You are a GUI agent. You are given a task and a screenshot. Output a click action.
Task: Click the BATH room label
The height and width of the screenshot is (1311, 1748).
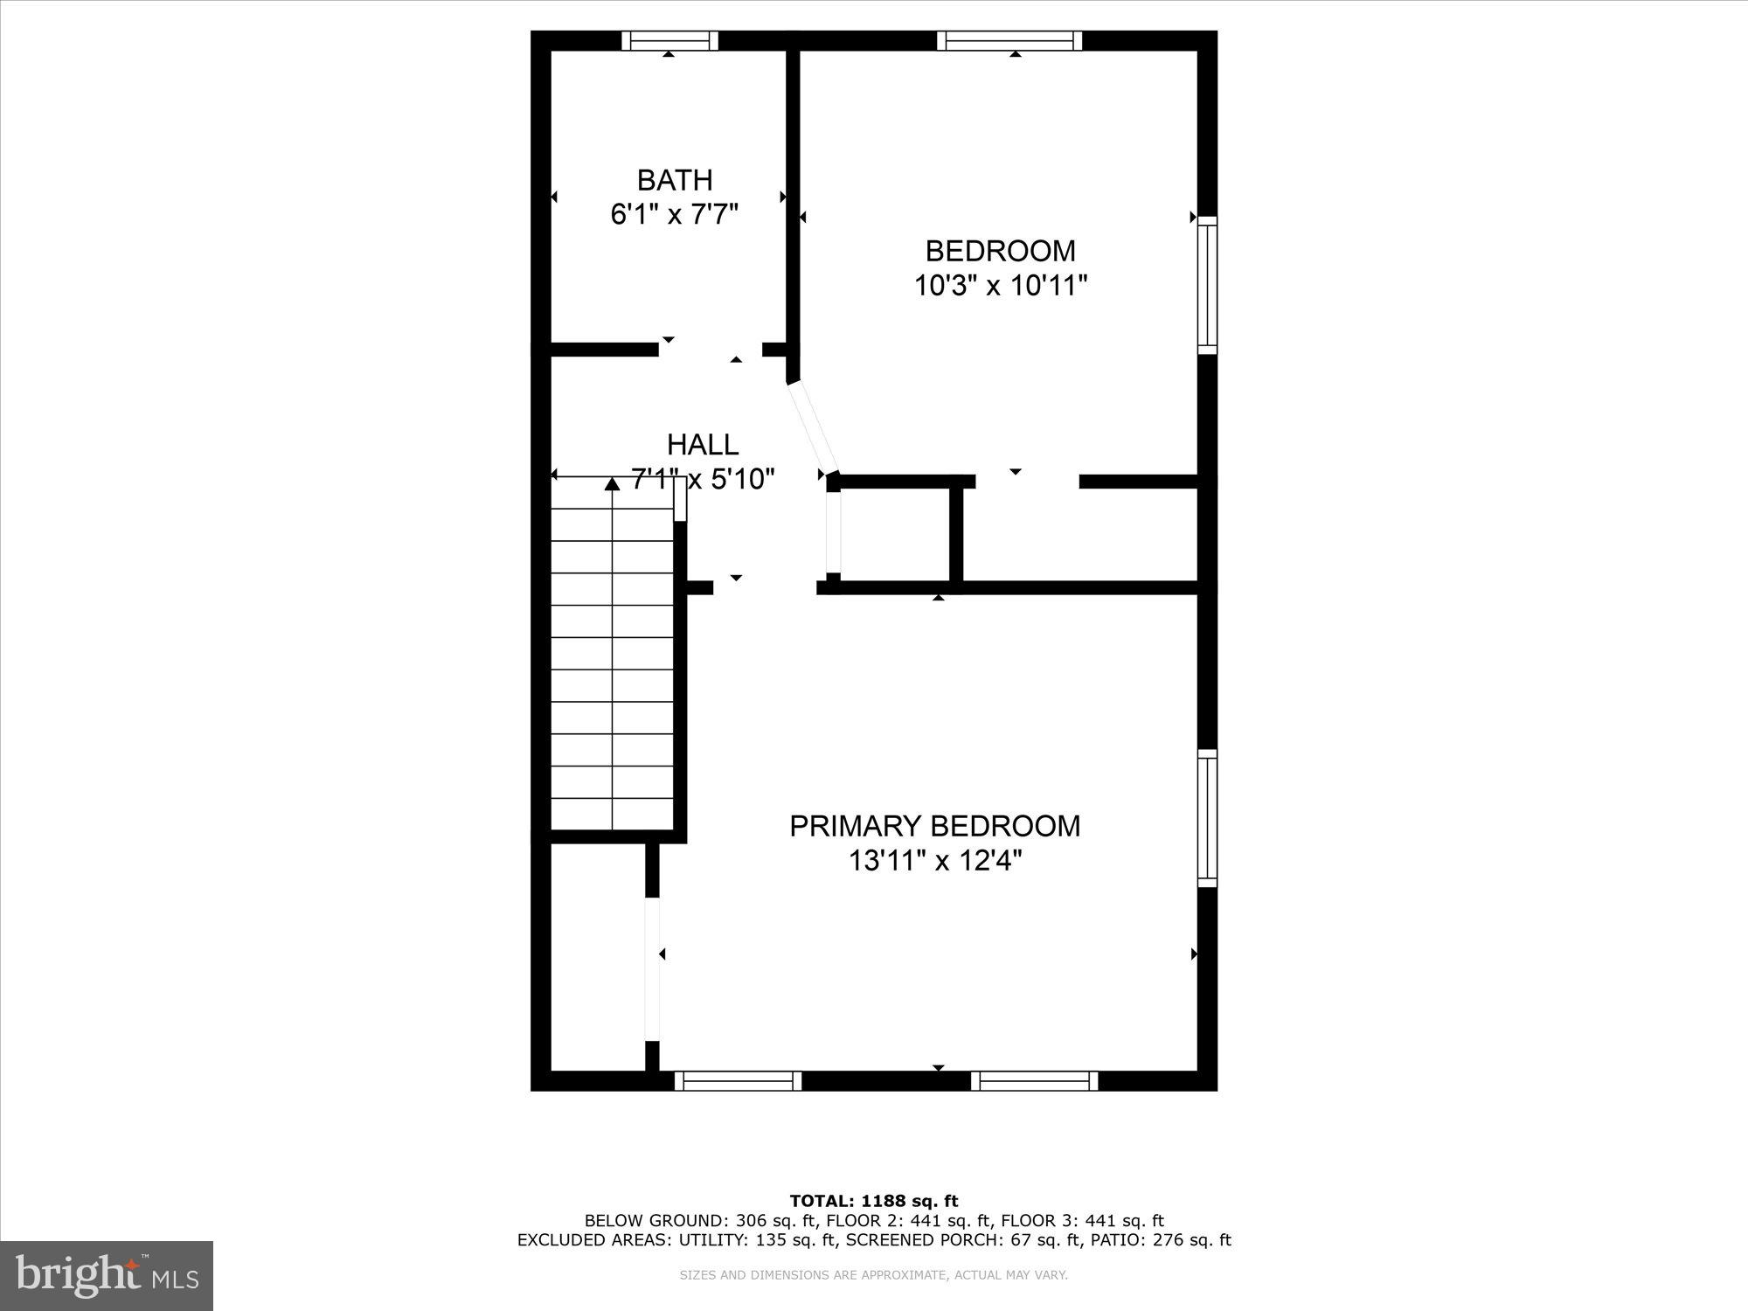coord(674,180)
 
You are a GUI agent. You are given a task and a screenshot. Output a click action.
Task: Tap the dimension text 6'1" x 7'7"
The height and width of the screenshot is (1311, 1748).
coord(674,215)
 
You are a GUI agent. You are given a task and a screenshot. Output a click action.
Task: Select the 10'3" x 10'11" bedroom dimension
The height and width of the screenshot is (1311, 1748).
coord(1000,286)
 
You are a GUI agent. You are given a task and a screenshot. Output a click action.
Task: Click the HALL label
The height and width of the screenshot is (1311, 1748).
coord(703,445)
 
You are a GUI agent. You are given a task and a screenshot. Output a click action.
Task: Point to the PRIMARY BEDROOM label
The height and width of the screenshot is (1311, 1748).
coord(934,826)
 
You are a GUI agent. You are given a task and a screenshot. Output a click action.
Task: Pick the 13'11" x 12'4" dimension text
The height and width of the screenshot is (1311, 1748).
coord(934,862)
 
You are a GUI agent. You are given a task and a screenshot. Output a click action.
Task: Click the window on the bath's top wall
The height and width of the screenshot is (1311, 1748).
coord(669,40)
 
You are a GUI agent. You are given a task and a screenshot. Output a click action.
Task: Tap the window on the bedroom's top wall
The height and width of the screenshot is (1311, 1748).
coord(1009,40)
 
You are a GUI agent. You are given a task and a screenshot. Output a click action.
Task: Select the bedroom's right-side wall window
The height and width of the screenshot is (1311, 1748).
coord(1207,285)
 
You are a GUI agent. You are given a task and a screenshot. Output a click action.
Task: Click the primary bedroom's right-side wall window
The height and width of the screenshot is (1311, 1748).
coord(1207,818)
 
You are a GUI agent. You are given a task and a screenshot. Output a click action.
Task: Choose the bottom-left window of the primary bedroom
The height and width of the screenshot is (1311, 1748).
coord(738,1081)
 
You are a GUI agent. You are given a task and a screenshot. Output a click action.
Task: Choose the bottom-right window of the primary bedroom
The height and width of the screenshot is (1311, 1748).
coord(1034,1081)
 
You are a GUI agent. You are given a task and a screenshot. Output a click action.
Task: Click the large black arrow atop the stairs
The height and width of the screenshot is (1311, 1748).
coord(613,484)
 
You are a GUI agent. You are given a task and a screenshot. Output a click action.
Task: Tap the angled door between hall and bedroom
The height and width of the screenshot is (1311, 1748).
coord(813,427)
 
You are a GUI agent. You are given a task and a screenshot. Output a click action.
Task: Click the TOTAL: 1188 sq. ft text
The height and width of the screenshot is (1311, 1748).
coord(873,1201)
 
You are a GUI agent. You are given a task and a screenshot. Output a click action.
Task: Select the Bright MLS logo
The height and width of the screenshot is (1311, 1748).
coord(107,1276)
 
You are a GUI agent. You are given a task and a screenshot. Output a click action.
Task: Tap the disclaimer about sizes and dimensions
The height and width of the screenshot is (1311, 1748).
coord(873,1275)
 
